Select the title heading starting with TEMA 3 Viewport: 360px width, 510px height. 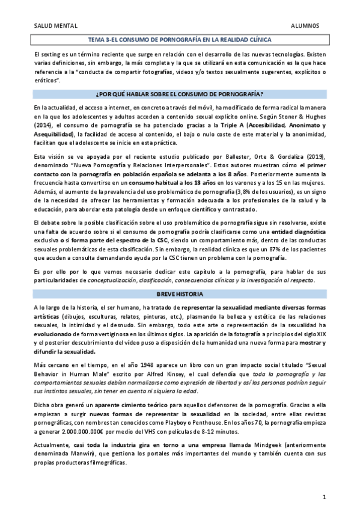click(180, 39)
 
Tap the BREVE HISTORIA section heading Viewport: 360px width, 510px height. click(180, 294)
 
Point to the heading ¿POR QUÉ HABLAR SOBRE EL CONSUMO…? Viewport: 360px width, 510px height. click(180, 94)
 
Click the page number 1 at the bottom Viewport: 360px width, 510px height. click(324, 497)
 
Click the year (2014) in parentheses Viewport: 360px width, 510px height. click(43, 124)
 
